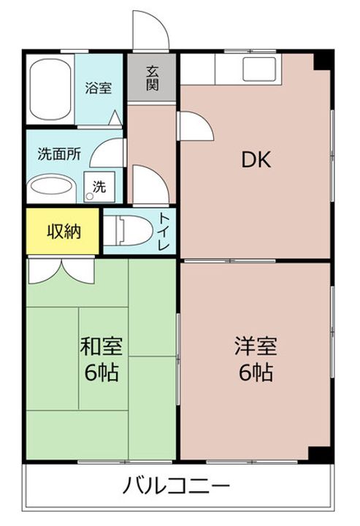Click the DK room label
click(x=256, y=160)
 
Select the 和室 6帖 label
click(x=101, y=359)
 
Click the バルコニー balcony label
click(x=177, y=485)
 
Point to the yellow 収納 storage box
click(x=64, y=232)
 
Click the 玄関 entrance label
click(x=153, y=77)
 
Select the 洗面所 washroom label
click(x=59, y=155)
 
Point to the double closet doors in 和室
click(x=57, y=272)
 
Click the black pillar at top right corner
click(x=321, y=61)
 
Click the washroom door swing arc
click(x=111, y=153)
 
